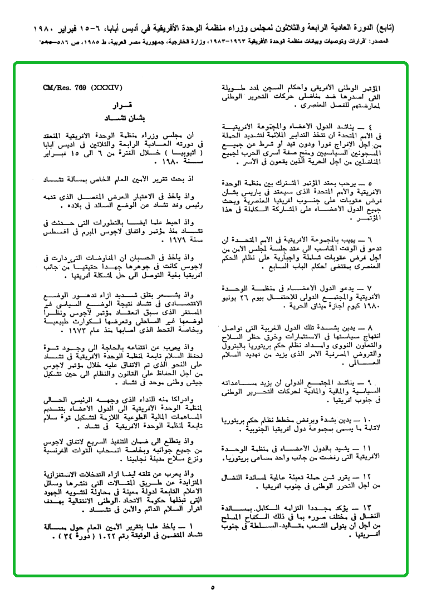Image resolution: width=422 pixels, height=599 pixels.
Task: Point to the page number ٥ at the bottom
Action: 212,587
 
